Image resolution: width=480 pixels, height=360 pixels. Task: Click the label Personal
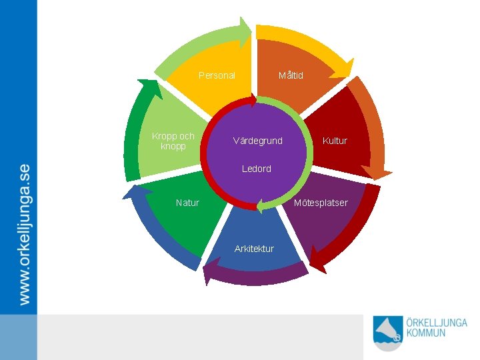click(x=217, y=75)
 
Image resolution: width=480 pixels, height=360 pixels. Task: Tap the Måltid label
click(x=291, y=75)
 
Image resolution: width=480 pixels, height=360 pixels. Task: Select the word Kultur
click(x=335, y=141)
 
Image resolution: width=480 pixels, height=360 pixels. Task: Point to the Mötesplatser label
click(x=321, y=203)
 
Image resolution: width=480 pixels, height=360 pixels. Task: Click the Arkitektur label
click(x=254, y=249)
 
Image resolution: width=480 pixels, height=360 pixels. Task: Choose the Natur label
click(x=187, y=203)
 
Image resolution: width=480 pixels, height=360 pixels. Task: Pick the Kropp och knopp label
click(x=173, y=141)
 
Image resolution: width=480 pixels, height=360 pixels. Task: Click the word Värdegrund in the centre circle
click(x=257, y=141)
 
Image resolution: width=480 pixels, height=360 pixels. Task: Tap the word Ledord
click(x=257, y=169)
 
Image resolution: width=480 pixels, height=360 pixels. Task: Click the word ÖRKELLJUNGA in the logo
click(x=437, y=322)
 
